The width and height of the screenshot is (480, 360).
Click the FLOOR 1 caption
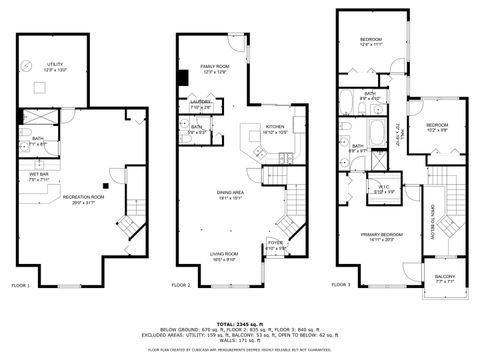(21, 285)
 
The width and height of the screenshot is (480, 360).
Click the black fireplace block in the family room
(183, 78)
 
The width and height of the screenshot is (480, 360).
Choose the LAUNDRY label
(199, 101)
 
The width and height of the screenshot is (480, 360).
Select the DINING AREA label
(231, 194)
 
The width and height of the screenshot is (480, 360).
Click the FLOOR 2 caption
(181, 285)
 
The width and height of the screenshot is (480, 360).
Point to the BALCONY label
(445, 278)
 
